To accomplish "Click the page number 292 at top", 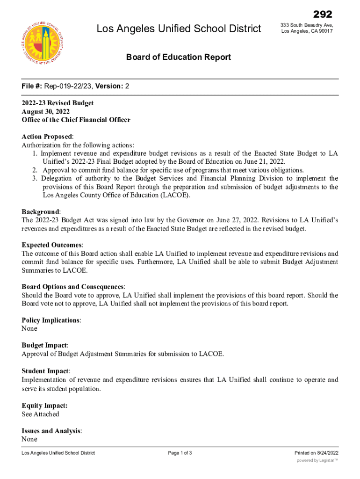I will tap(323, 15).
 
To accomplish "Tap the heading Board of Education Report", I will tap(179, 57).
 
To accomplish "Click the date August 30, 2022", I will tap(46, 111).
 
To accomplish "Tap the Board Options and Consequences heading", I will tap(73, 286).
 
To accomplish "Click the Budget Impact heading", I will tap(45, 345).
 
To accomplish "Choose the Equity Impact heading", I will tap(44, 406).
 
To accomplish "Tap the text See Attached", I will tap(41, 414).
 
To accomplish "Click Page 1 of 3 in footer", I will tap(180, 453).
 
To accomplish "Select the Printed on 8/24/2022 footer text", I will tap(316, 453).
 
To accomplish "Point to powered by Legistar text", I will tap(317, 461).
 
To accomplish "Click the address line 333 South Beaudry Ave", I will tap(307, 24).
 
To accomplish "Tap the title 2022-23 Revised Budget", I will tap(58, 103).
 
